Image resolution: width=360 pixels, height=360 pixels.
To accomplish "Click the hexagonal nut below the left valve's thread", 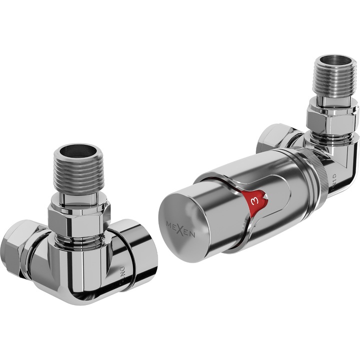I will [80, 219].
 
